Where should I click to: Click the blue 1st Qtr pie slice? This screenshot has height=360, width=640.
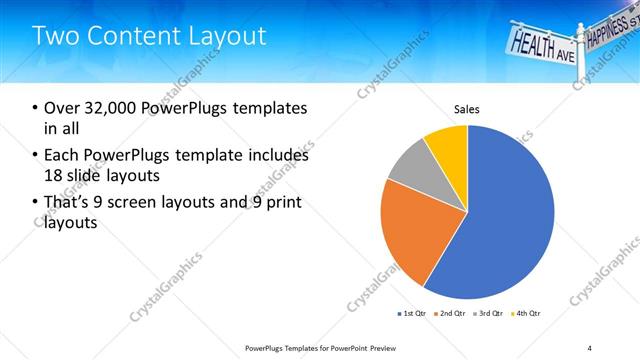pyautogui.click(x=510, y=220)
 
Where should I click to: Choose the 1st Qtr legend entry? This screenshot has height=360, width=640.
pyautogui.click(x=412, y=314)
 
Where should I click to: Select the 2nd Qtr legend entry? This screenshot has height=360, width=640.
pyautogui.click(x=451, y=314)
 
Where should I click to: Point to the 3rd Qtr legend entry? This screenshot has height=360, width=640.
pyautogui.click(x=489, y=314)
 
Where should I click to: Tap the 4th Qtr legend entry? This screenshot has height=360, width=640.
pyautogui.click(x=526, y=314)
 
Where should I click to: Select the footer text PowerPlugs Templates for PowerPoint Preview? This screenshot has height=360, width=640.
pyautogui.click(x=329, y=347)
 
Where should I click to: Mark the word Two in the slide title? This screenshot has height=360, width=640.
pyautogui.click(x=54, y=36)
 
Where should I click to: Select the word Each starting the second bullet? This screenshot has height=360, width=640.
pyautogui.click(x=62, y=156)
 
